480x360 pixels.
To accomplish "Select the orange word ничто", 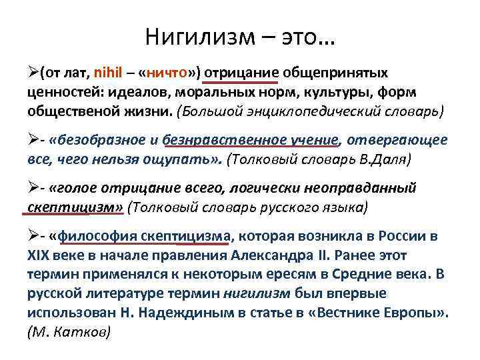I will tap(163, 72).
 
